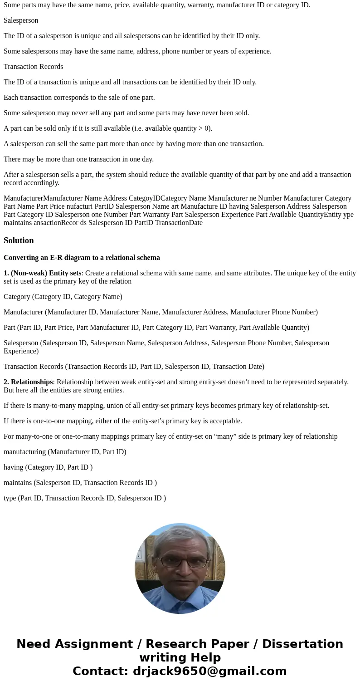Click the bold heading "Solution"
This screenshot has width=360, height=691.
tap(19, 240)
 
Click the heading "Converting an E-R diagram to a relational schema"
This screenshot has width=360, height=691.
tap(82, 258)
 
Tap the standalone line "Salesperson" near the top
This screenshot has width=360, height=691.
tap(21, 20)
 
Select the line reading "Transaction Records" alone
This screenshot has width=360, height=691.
tap(34, 67)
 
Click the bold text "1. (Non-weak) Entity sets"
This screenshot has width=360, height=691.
tap(43, 273)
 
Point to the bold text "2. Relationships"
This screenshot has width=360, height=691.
tap(28, 382)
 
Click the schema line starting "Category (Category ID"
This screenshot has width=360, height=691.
tap(63, 297)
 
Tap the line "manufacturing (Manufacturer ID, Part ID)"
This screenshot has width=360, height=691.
tap(65, 452)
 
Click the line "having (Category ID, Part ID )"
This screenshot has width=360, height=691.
tap(48, 467)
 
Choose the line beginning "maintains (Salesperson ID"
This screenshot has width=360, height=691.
tap(80, 483)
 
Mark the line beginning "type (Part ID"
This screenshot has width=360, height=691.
tap(85, 498)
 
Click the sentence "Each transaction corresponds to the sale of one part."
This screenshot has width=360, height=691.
tap(79, 98)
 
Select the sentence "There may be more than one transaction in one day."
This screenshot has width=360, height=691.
tap(78, 159)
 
